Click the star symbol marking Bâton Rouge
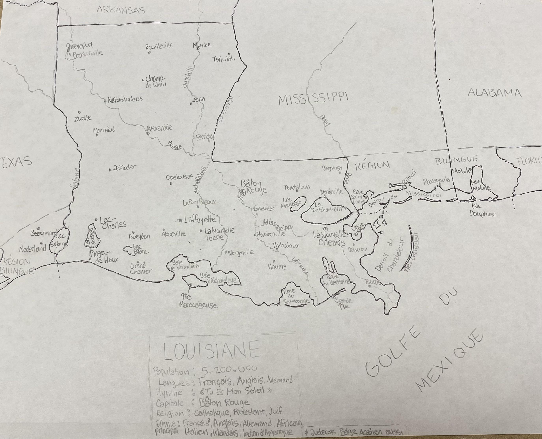tap(242, 194)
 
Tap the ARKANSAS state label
tap(121, 10)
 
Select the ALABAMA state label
tap(494, 93)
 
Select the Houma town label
tap(277, 267)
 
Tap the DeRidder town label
tap(124, 167)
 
